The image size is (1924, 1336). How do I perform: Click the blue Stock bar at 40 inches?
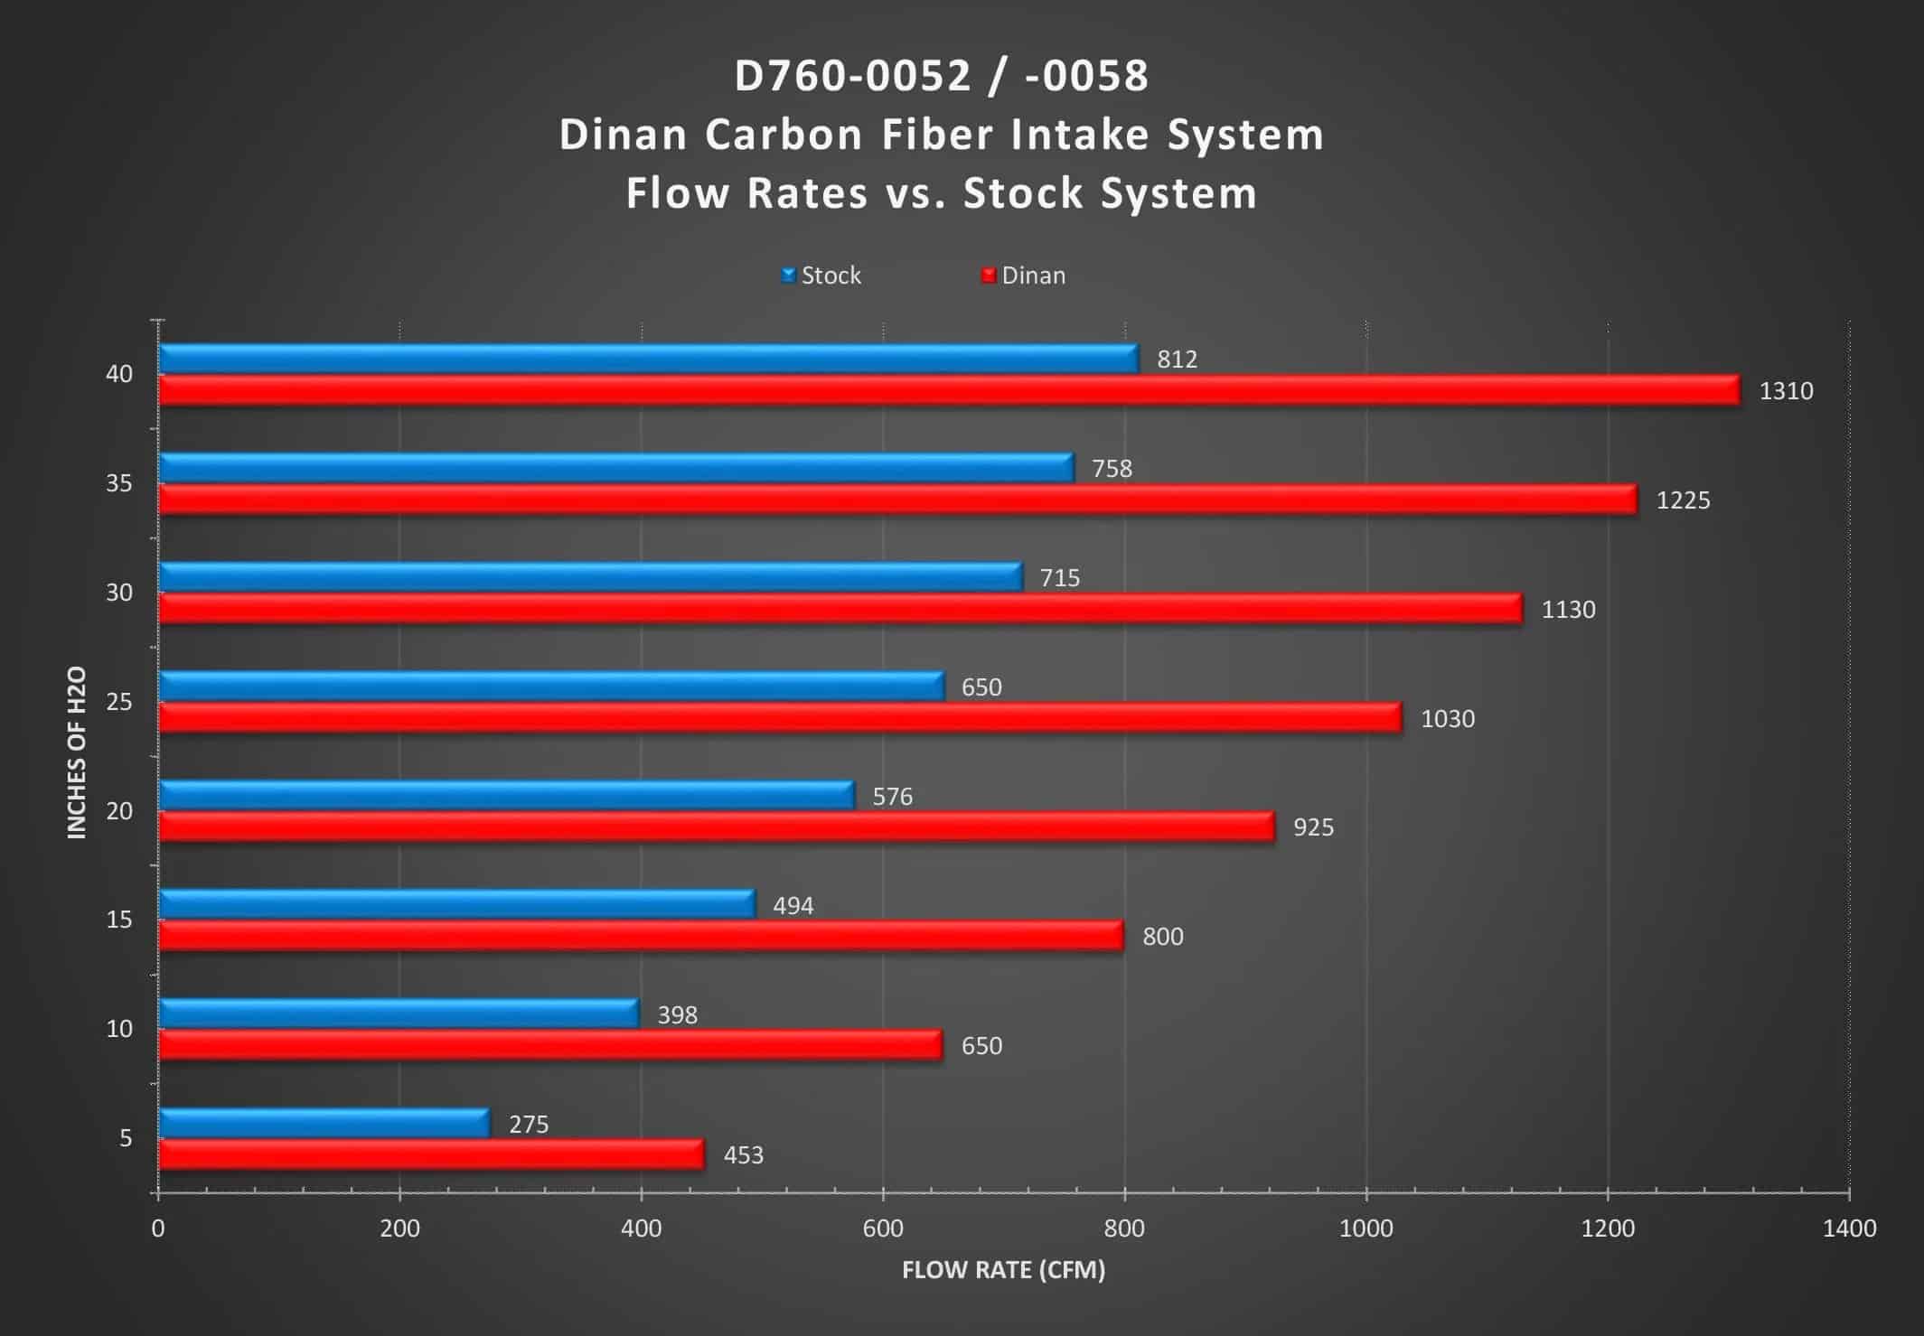pos(648,359)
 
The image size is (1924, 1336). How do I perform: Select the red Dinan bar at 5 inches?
pos(431,1154)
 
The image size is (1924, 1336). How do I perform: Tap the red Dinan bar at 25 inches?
pos(780,718)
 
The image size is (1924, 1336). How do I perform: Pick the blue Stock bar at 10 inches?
pos(399,1014)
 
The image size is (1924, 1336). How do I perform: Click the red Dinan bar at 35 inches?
pos(897,500)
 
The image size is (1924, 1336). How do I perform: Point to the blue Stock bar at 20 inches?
pos(506,795)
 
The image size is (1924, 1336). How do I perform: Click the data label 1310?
pos(1786,391)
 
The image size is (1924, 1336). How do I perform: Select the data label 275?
pos(529,1124)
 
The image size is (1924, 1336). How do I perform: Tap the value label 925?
pos(1313,827)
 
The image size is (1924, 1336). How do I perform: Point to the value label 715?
pos(1059,577)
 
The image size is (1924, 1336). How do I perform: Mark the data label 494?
pos(793,905)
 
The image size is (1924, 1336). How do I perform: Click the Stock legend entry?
pos(821,275)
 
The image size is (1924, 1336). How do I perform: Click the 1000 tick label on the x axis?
pos(1366,1229)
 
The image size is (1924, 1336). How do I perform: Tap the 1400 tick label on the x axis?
pos(1849,1229)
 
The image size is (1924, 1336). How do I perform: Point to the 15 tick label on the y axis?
pos(119,920)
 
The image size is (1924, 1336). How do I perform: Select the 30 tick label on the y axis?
pos(119,593)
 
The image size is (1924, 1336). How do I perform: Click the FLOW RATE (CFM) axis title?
pos(1003,1270)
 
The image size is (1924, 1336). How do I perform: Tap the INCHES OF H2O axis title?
pos(77,752)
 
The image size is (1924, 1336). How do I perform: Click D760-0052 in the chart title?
pos(851,76)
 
